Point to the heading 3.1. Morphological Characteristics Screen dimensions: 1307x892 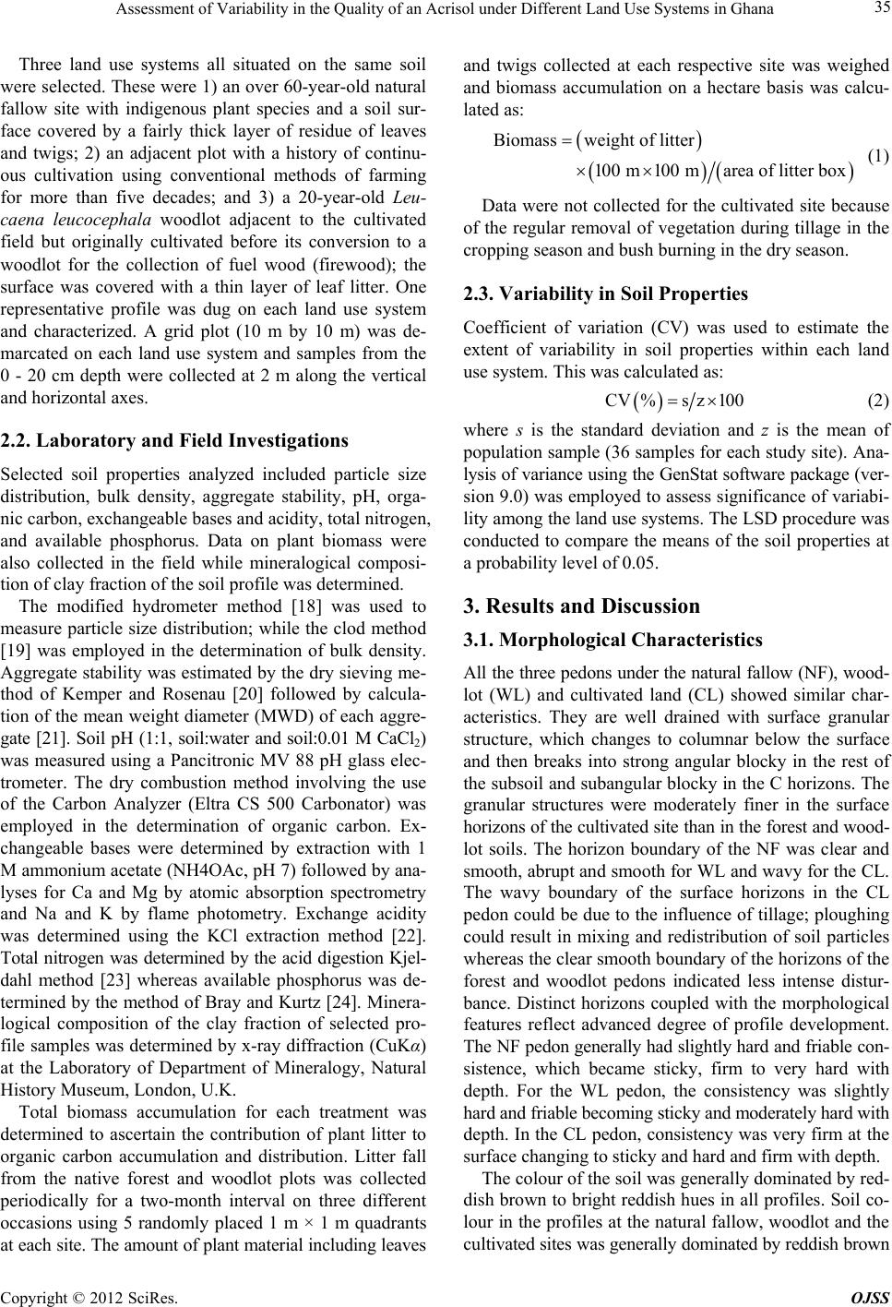point(600,640)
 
